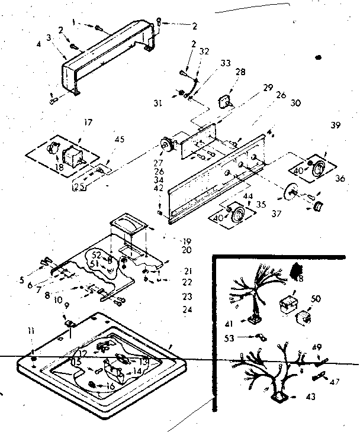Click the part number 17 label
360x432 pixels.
point(89,123)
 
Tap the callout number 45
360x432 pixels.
point(120,140)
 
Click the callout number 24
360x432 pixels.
point(188,310)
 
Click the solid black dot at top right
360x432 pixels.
point(319,58)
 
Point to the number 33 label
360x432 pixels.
point(208,63)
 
